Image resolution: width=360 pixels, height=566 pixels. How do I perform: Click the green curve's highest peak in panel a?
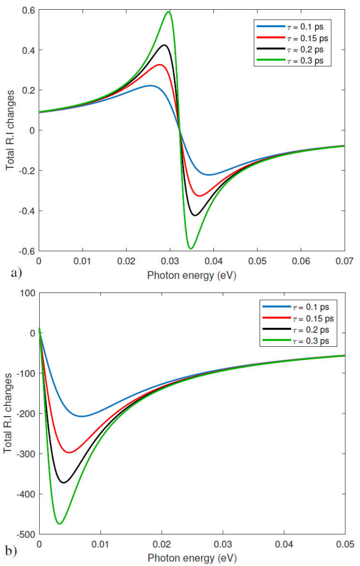169,11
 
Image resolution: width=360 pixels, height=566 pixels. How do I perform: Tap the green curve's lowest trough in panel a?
190,249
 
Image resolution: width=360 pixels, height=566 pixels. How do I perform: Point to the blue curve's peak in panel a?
150,85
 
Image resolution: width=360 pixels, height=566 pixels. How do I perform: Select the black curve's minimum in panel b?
64,482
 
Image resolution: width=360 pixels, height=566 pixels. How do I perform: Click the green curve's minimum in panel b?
59,524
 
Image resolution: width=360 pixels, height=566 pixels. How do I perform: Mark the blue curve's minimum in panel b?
81,416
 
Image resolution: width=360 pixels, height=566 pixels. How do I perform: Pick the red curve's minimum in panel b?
69,452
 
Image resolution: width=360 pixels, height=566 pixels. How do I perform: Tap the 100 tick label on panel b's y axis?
26,293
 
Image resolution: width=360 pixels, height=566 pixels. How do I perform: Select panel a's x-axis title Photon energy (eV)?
192,275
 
